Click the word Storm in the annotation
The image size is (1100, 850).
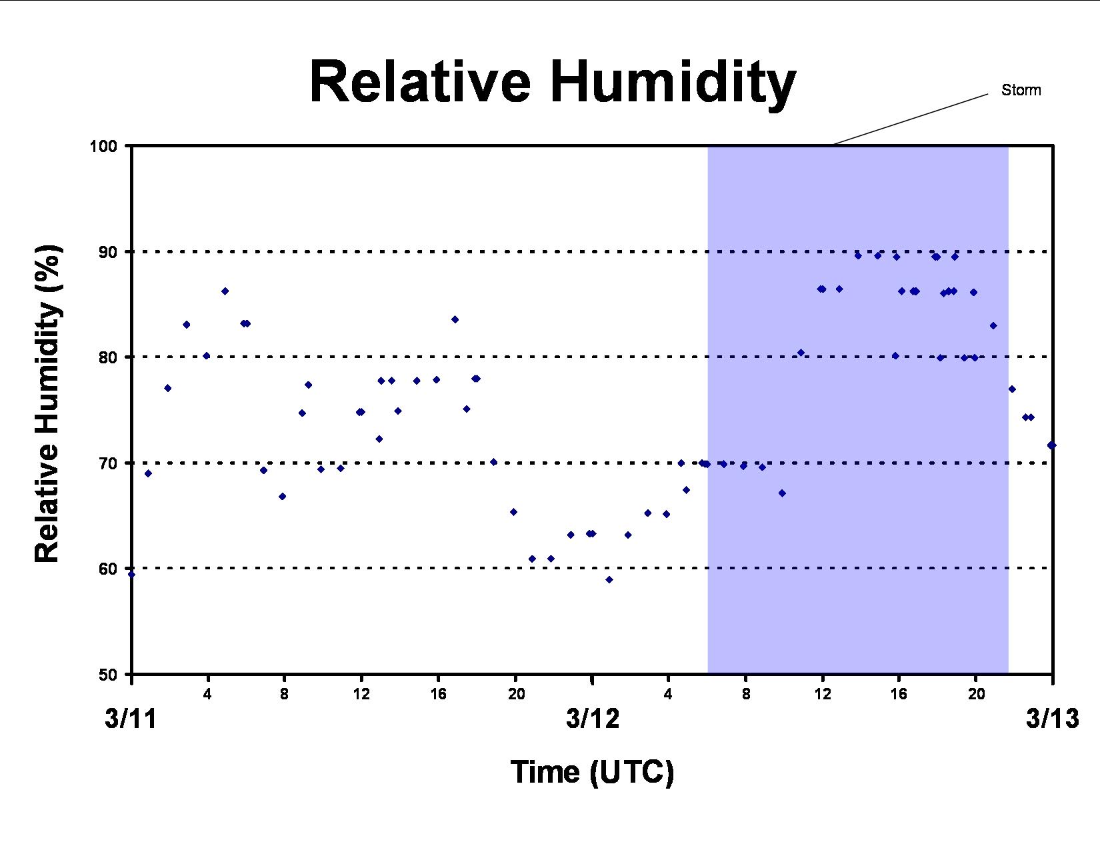[1021, 90]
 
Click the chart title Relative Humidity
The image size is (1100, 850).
[553, 83]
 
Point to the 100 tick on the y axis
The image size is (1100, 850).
[103, 146]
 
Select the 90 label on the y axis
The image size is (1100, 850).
[108, 251]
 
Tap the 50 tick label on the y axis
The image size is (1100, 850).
[108, 674]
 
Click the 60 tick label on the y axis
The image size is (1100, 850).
[108, 569]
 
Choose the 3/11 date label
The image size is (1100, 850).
[131, 719]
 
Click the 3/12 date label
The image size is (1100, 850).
[593, 719]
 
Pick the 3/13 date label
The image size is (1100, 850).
[1053, 719]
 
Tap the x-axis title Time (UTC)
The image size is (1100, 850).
[593, 773]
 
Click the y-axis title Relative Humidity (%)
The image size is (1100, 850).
[47, 404]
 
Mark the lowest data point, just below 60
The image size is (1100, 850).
[609, 579]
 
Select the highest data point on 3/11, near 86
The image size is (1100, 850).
[225, 291]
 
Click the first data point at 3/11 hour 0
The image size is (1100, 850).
[131, 575]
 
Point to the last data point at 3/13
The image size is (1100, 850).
[1051, 445]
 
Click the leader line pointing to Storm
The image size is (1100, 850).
[911, 119]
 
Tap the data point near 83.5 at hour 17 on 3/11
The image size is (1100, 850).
[455, 319]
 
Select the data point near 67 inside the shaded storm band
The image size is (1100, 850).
[782, 493]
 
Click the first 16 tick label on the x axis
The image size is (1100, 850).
[439, 694]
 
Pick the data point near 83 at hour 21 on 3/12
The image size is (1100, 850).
[993, 325]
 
